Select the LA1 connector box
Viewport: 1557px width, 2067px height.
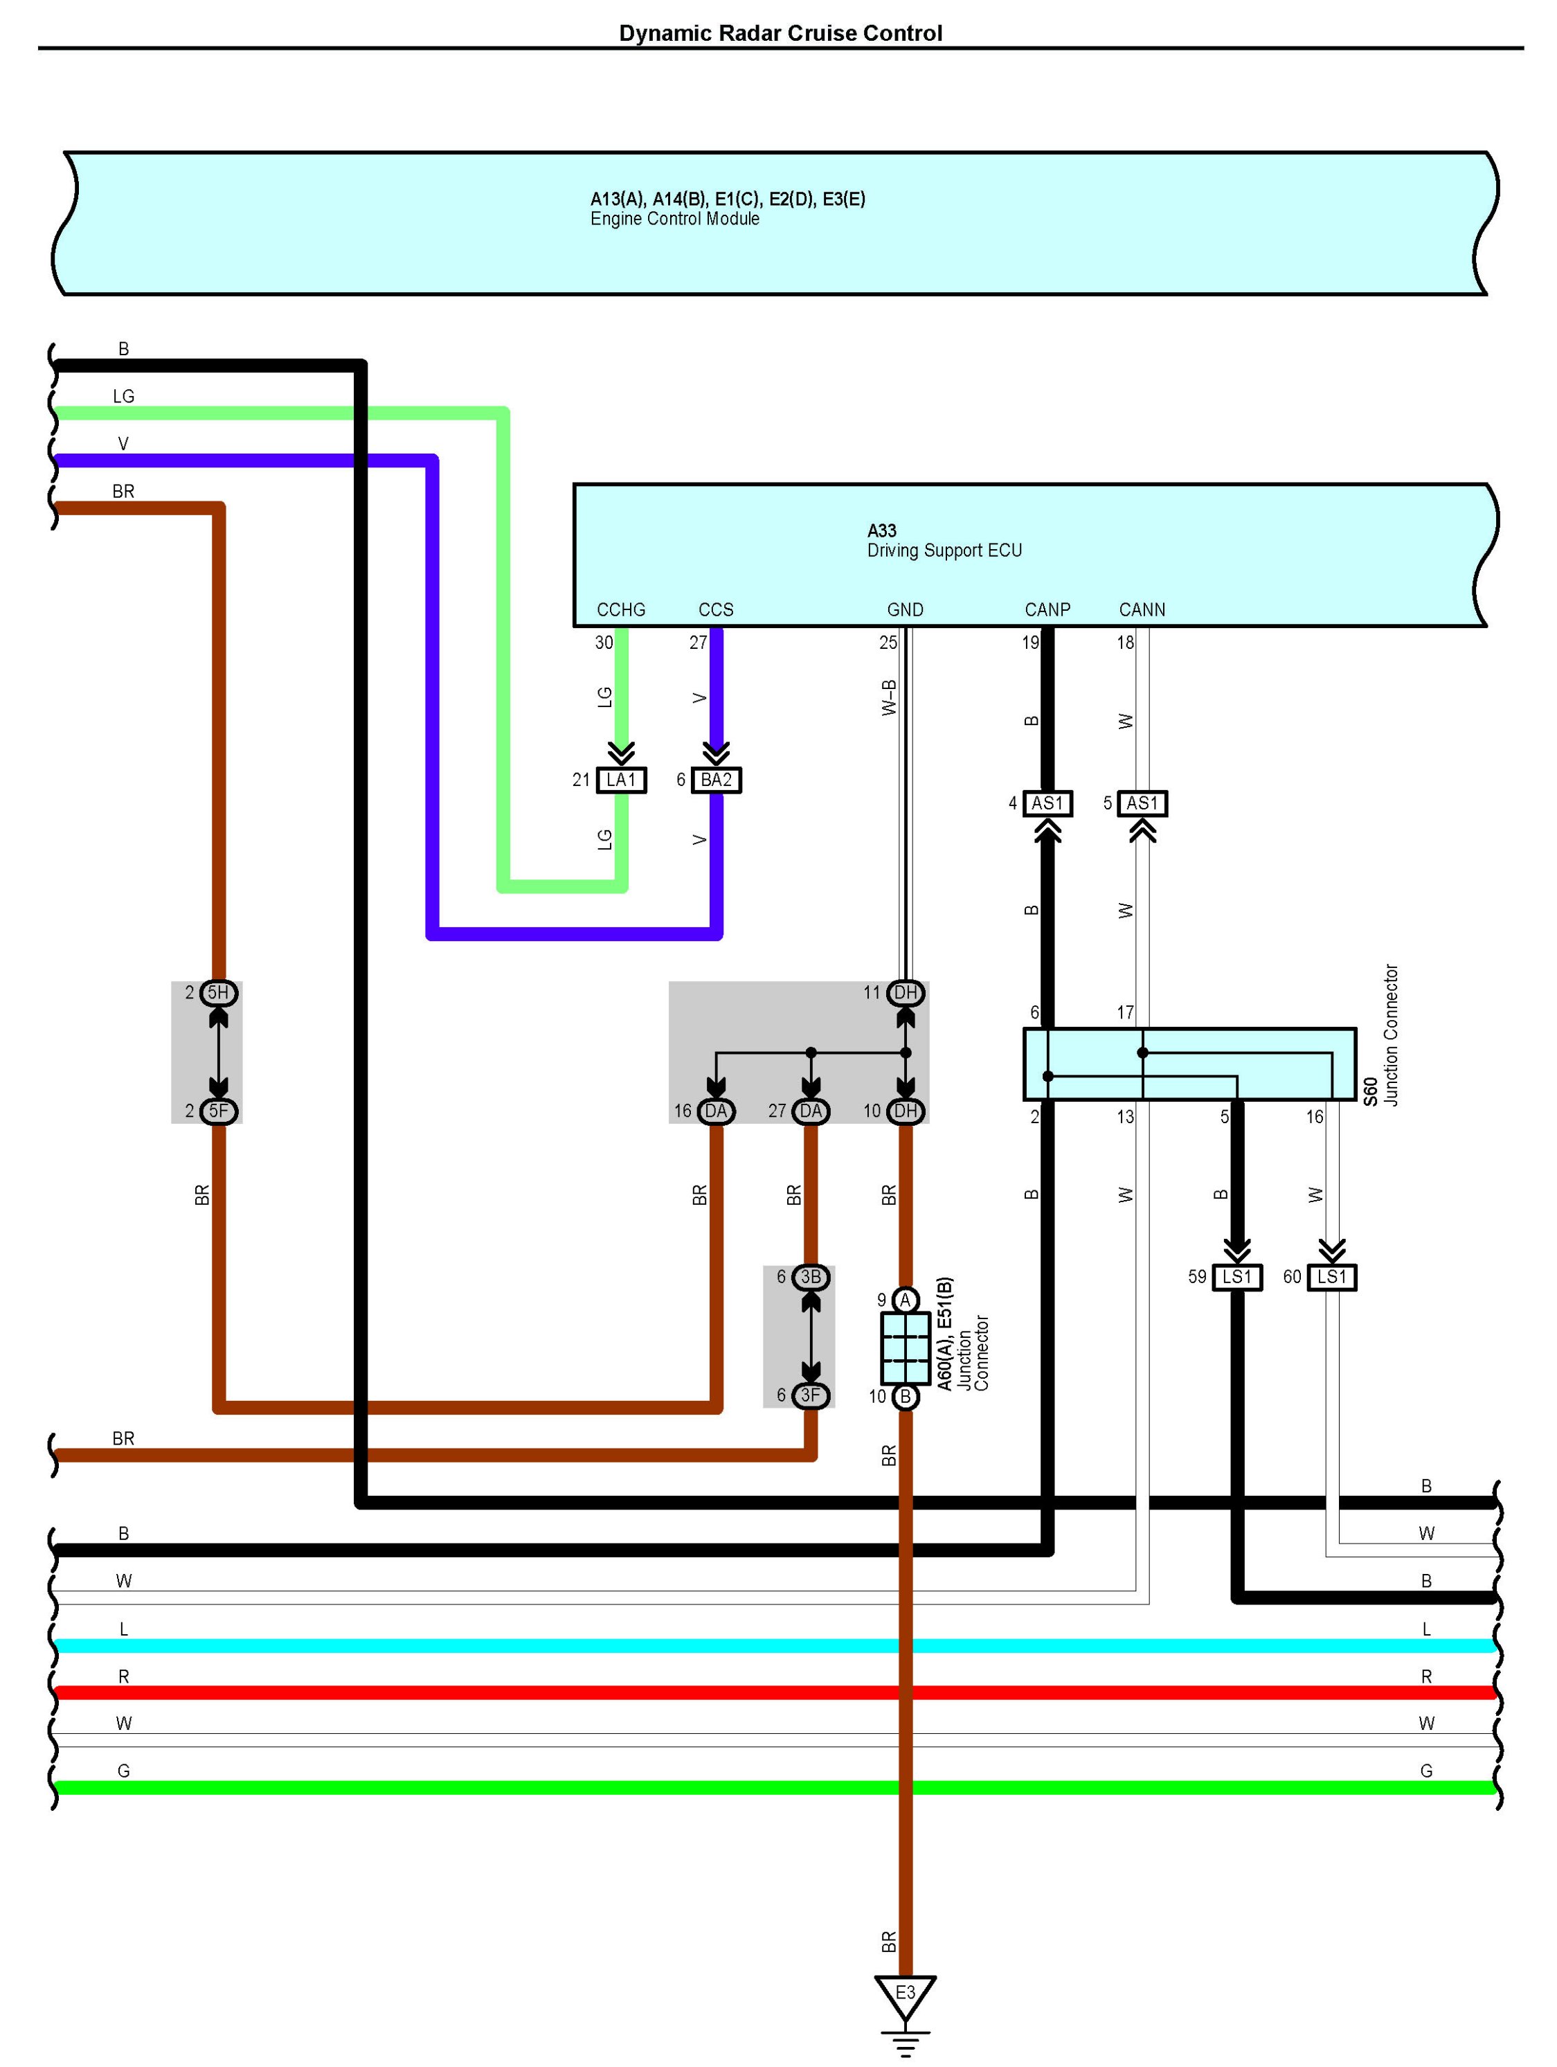pyautogui.click(x=621, y=779)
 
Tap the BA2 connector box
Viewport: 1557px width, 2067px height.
pyautogui.click(x=717, y=779)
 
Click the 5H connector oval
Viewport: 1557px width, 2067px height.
pyautogui.click(x=219, y=992)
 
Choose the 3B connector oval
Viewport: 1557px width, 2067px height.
pyautogui.click(x=811, y=1276)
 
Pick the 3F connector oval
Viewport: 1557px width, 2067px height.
pyautogui.click(x=811, y=1395)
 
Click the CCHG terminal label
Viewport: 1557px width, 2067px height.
pyautogui.click(x=621, y=609)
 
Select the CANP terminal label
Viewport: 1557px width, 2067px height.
pyautogui.click(x=1047, y=609)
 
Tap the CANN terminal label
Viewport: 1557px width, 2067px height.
pyautogui.click(x=1142, y=609)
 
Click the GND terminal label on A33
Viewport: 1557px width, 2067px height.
pyautogui.click(x=905, y=609)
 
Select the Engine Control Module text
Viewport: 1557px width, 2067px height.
pyautogui.click(x=674, y=219)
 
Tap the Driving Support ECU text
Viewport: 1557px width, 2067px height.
pyautogui.click(x=944, y=551)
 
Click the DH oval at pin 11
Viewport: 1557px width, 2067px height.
pyautogui.click(x=905, y=992)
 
